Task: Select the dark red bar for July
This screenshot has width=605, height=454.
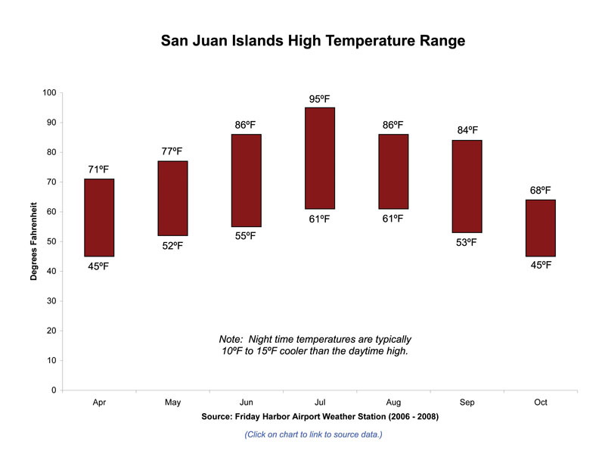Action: (x=320, y=158)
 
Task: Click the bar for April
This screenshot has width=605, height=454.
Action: (x=99, y=218)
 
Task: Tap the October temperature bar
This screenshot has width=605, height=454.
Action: (x=540, y=229)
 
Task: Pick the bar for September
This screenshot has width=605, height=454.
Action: (x=467, y=186)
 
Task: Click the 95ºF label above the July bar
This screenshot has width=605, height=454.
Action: (x=320, y=99)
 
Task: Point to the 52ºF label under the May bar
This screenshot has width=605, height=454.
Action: (x=172, y=246)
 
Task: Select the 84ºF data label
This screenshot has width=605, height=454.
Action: (x=468, y=130)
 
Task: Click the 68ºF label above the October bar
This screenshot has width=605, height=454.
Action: (x=540, y=191)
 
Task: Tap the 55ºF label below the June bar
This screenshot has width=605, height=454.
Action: (x=246, y=236)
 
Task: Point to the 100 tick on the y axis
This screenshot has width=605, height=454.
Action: (x=50, y=93)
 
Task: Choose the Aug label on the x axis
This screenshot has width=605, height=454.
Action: (x=393, y=403)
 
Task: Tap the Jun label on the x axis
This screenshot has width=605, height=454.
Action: (x=246, y=403)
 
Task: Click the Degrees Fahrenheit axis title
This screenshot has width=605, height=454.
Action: (x=35, y=241)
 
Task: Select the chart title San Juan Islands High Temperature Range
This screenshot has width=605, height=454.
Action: (x=313, y=41)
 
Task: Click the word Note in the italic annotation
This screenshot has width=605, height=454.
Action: (x=231, y=340)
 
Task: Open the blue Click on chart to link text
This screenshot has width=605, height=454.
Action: (x=313, y=434)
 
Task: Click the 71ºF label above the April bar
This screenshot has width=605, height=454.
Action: (x=99, y=169)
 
